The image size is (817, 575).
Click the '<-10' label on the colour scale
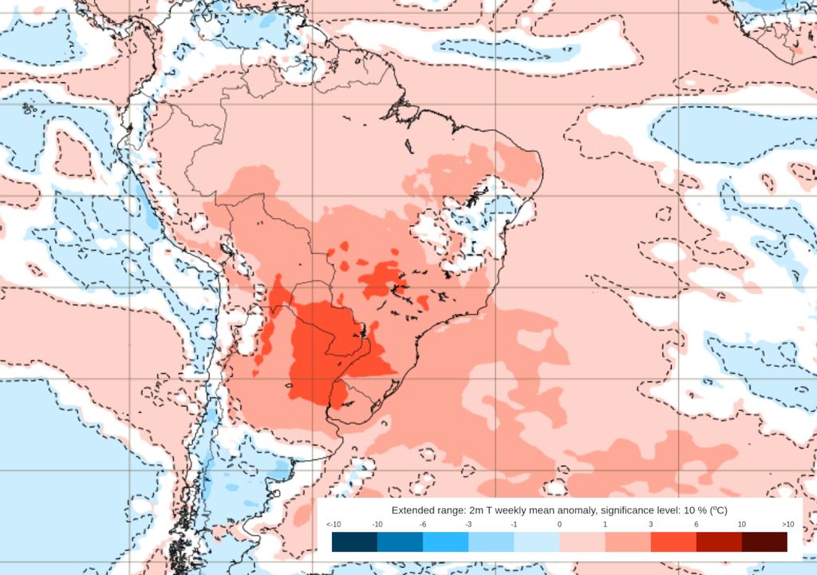(x=334, y=524)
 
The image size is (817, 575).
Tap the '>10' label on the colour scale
(x=787, y=524)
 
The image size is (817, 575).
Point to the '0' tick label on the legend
(x=559, y=524)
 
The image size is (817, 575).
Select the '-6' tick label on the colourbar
(x=423, y=524)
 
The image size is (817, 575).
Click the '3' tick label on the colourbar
(x=650, y=524)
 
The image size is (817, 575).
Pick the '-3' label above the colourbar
(x=468, y=524)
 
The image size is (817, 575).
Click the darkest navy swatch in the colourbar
(x=354, y=542)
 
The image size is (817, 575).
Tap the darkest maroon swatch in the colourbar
(x=764, y=542)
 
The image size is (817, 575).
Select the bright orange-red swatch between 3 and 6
(x=673, y=542)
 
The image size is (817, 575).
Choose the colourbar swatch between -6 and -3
(x=445, y=542)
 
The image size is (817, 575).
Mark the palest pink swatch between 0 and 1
(x=582, y=542)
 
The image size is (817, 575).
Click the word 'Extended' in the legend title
(x=414, y=510)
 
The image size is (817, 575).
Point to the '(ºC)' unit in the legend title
(x=718, y=510)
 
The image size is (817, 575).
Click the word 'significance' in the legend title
(x=628, y=510)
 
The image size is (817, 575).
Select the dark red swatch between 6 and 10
(x=719, y=542)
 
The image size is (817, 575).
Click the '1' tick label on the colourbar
(x=605, y=524)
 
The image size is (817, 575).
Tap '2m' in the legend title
(x=473, y=510)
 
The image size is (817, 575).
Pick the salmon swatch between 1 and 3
(x=628, y=542)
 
